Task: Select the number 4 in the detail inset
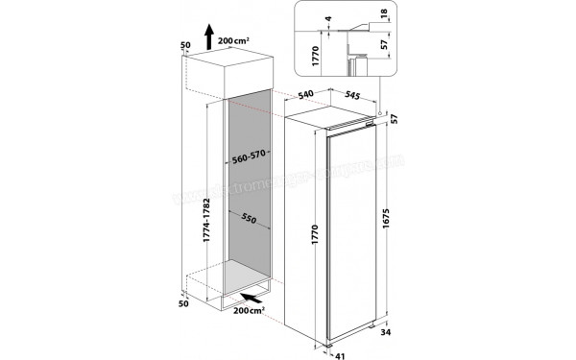click(x=327, y=18)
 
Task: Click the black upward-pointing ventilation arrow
click(x=209, y=39)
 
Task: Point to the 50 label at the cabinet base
click(x=186, y=303)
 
